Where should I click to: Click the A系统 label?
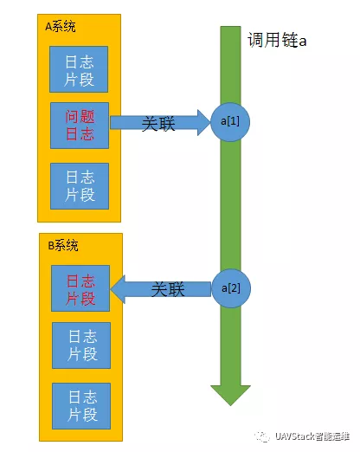tap(60, 27)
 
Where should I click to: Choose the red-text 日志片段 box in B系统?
tap(80, 287)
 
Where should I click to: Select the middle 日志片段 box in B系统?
tap(80, 345)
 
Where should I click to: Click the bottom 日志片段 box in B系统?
tap(80, 404)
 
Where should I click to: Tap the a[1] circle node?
tap(230, 122)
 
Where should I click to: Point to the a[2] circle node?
tap(230, 287)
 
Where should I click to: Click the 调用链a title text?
tap(278, 41)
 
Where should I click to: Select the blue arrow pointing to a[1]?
tap(160, 124)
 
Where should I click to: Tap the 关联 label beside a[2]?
tap(168, 289)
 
